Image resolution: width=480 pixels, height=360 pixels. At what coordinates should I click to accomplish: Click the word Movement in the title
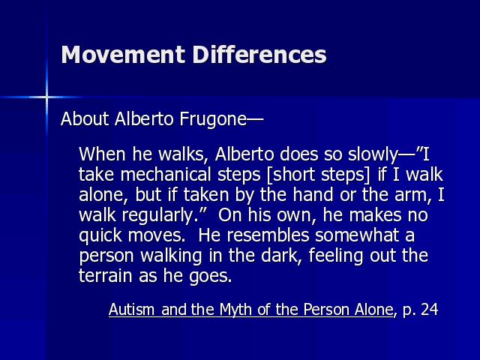click(x=123, y=55)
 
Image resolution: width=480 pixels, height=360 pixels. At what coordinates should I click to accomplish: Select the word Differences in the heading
click(x=259, y=55)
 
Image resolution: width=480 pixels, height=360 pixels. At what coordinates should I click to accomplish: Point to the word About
click(x=85, y=118)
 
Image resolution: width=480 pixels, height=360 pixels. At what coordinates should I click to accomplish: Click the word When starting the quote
click(x=102, y=154)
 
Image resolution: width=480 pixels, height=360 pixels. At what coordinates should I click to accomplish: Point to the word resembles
click(x=268, y=235)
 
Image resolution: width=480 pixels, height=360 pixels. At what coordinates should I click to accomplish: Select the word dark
click(x=278, y=256)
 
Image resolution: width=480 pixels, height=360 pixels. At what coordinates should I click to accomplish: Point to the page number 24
click(x=430, y=310)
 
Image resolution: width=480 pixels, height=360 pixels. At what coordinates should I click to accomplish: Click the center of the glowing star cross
click(x=46, y=97)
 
